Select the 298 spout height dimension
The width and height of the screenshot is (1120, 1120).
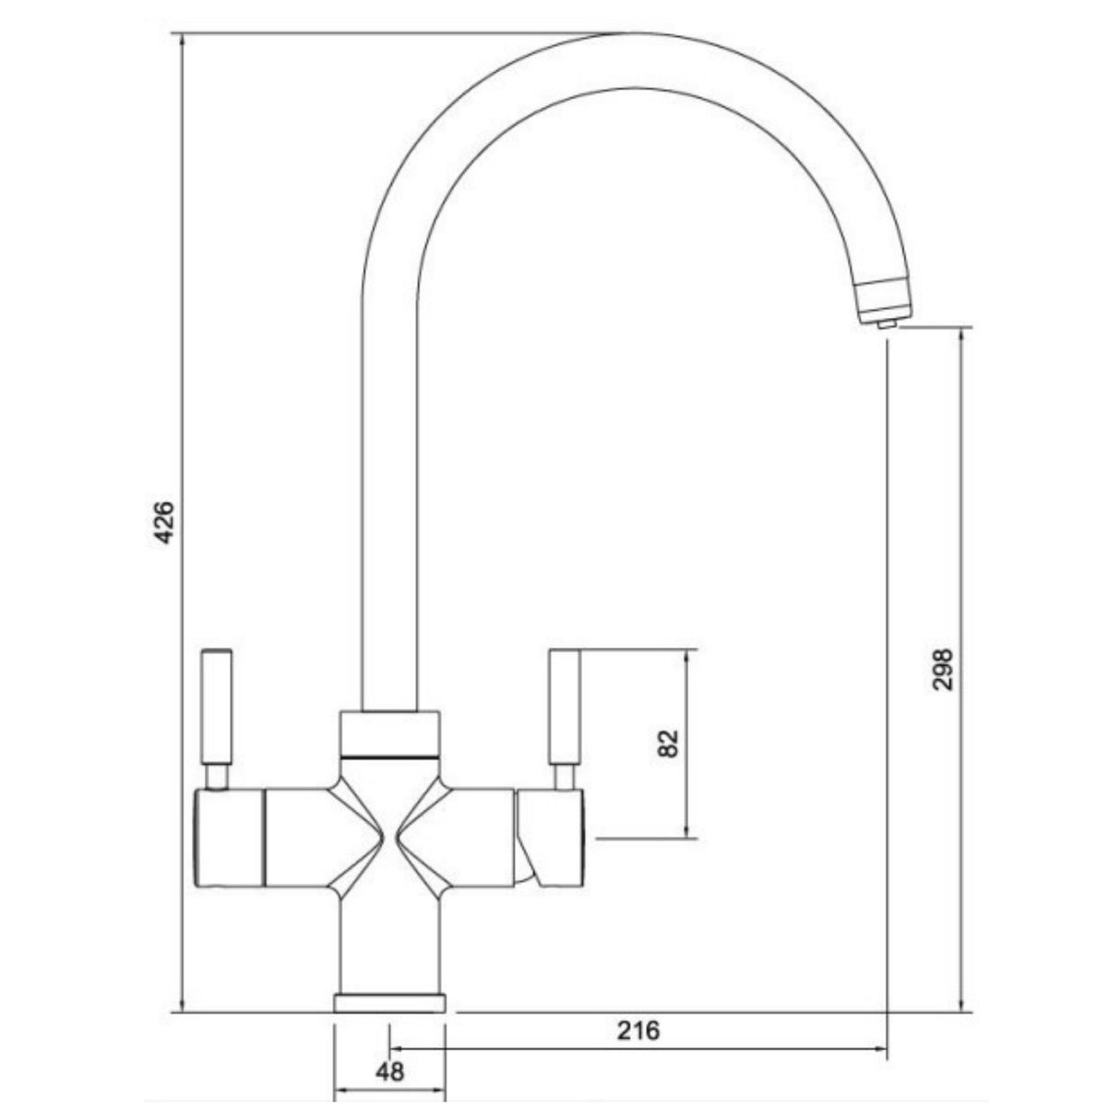point(942,668)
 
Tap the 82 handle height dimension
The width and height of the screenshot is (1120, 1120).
point(670,743)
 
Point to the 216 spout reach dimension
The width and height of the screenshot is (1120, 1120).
point(639,1030)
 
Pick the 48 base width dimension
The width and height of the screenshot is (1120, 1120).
point(390,1071)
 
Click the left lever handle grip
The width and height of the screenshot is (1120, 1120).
point(217,706)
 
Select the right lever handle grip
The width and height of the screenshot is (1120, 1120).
point(564,706)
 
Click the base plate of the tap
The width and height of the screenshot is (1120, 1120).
point(389,1003)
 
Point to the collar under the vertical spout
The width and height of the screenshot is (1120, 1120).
point(389,733)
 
